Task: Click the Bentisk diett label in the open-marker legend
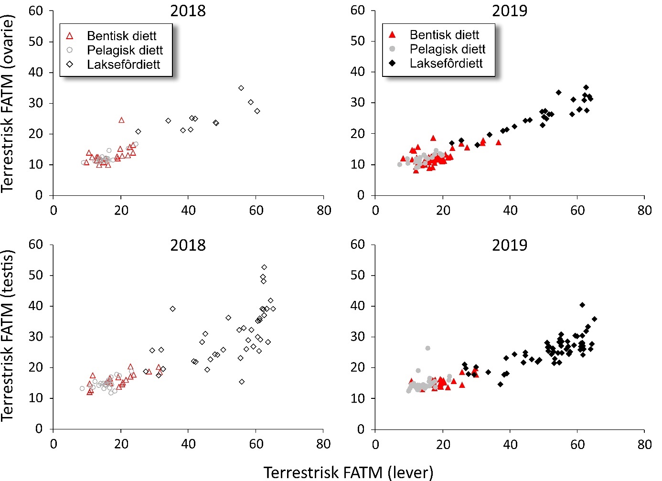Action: point(121,36)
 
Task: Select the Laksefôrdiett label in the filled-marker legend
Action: point(446,64)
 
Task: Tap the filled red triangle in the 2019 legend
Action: point(392,35)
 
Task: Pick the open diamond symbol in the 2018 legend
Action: point(70,64)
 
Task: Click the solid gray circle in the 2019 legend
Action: point(392,49)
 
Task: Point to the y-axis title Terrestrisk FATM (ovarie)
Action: point(8,104)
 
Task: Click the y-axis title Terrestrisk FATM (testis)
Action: point(8,335)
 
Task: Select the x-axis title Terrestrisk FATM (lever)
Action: point(348,472)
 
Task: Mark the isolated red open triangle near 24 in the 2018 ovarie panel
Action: point(121,120)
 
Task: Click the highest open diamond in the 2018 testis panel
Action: point(264,267)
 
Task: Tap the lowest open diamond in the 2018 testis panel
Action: point(242,382)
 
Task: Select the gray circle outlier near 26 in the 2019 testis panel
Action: point(427,348)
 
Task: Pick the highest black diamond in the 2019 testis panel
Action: point(582,305)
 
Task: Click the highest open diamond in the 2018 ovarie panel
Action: point(241,88)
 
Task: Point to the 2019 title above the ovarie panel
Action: point(510,11)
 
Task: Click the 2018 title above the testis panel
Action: point(188,246)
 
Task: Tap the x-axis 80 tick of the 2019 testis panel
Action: point(644,444)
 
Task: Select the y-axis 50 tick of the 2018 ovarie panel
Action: point(36,42)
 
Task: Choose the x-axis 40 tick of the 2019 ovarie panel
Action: point(510,210)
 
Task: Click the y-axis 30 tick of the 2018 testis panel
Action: point(36,336)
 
